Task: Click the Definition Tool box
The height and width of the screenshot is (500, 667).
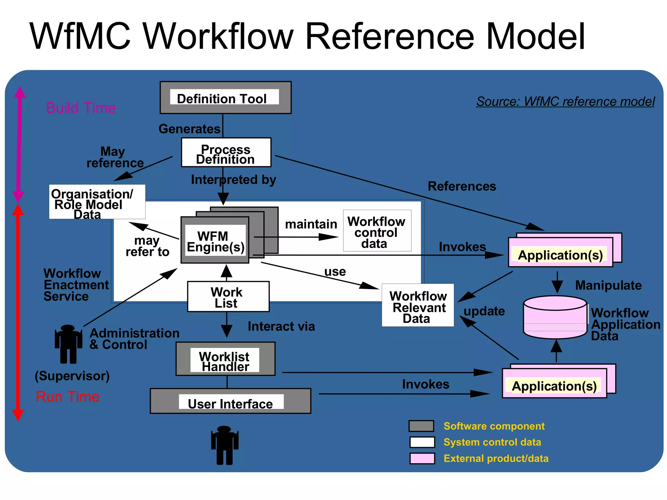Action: (225, 98)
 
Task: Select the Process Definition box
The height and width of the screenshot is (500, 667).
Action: (226, 153)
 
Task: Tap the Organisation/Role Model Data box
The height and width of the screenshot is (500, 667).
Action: (97, 202)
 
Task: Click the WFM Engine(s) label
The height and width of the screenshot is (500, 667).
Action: (215, 241)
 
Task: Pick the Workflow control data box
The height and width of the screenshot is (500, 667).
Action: (377, 231)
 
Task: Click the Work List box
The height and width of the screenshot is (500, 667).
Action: (228, 297)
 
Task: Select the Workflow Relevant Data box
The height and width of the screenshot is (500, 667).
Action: (418, 305)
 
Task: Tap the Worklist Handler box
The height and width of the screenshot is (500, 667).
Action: (225, 359)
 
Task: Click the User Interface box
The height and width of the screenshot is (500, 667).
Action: (230, 401)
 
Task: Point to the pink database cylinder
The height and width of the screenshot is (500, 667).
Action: (555, 317)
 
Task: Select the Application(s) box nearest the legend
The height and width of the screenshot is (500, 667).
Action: (554, 383)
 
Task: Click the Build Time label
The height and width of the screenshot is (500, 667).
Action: (81, 108)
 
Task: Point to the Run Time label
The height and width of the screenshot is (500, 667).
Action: (67, 396)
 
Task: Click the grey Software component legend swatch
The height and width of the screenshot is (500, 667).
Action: (421, 426)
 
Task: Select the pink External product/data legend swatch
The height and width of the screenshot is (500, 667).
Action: (422, 458)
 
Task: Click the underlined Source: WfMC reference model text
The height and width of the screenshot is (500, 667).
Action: (565, 102)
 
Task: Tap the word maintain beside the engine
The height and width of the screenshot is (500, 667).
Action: (311, 224)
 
